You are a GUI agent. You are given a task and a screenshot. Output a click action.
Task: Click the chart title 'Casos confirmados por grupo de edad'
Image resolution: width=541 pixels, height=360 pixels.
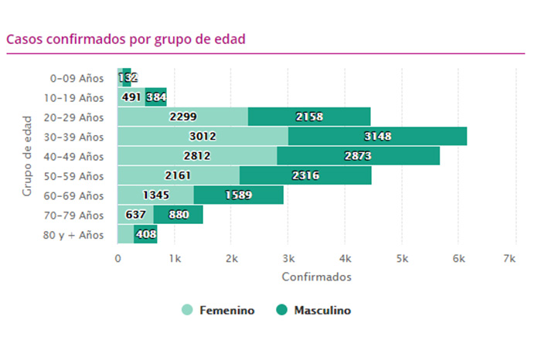tap(125, 39)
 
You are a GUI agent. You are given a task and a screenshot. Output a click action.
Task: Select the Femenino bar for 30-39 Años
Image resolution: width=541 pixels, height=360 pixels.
tap(202, 137)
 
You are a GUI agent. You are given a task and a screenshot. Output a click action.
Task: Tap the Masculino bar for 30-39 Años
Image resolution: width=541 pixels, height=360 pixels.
tap(377, 137)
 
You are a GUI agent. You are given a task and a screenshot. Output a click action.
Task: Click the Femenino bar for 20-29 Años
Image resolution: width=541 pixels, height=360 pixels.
tap(182, 117)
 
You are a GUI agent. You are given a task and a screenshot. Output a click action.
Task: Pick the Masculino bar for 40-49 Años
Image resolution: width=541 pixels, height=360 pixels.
tap(358, 156)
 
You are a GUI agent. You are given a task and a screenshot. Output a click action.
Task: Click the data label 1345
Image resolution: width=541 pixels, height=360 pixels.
tap(156, 195)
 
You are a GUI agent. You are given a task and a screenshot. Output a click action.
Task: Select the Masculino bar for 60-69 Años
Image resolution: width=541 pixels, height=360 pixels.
tap(238, 195)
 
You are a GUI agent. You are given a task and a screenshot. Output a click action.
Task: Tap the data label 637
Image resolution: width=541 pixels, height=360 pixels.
tap(135, 215)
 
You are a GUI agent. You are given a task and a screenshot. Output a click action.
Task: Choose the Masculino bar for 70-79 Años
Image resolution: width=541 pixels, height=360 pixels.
tap(178, 215)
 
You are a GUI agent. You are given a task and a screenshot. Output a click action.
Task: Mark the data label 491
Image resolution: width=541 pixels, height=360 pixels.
tap(131, 98)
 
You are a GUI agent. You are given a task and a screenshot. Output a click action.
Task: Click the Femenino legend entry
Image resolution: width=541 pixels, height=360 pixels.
tap(219, 311)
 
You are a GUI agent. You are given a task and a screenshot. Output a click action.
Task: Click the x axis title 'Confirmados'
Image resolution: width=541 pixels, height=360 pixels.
tap(316, 276)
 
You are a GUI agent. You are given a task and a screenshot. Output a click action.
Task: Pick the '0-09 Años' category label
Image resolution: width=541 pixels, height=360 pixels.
tap(77, 78)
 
